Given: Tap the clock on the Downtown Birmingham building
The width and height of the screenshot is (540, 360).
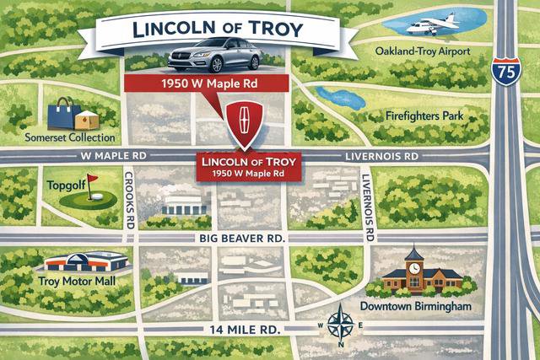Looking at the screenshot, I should [x=413, y=265].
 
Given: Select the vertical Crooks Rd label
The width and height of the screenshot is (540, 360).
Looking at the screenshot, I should [x=129, y=198].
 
